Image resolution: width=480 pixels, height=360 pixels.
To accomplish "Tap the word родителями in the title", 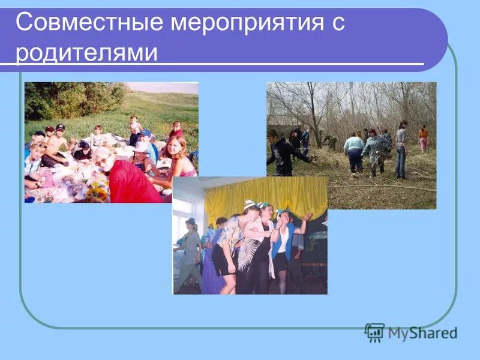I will tap(87, 52).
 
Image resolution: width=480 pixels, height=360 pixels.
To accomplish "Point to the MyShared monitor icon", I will tap(374, 332).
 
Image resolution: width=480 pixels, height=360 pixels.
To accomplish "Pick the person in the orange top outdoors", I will tap(424, 139).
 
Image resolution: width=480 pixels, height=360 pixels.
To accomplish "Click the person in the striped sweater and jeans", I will tap(400, 150).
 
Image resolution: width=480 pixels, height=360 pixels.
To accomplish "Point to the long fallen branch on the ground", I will tap(384, 187).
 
